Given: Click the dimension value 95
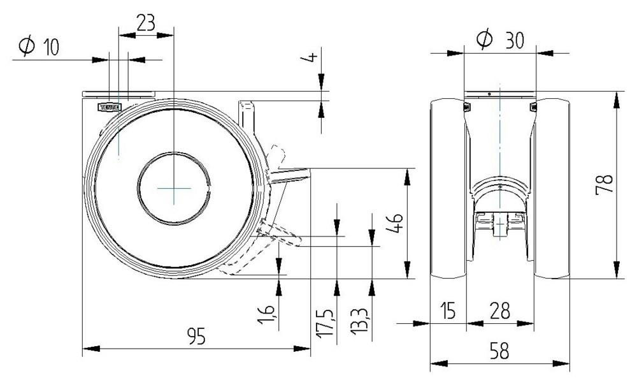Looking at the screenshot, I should tap(197, 338).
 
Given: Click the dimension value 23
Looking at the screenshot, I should tap(146, 23).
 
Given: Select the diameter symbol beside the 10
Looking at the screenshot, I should tap(27, 47).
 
